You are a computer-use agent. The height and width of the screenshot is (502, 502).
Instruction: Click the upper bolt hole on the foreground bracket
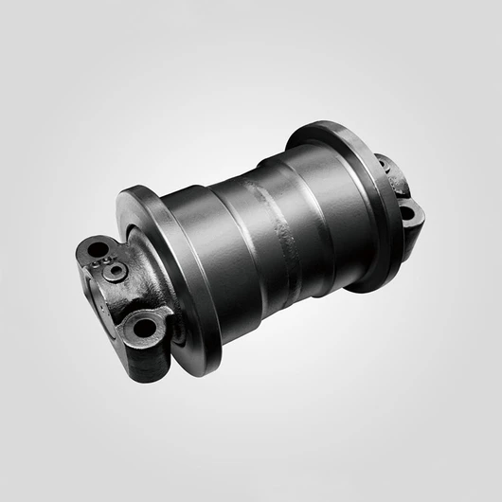click(x=95, y=250)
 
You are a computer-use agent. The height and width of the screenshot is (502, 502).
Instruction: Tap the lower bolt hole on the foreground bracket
click(x=144, y=328)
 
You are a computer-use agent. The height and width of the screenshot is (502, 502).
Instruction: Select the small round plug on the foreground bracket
click(x=116, y=272)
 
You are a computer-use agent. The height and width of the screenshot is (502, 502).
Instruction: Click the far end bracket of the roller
click(x=398, y=189)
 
